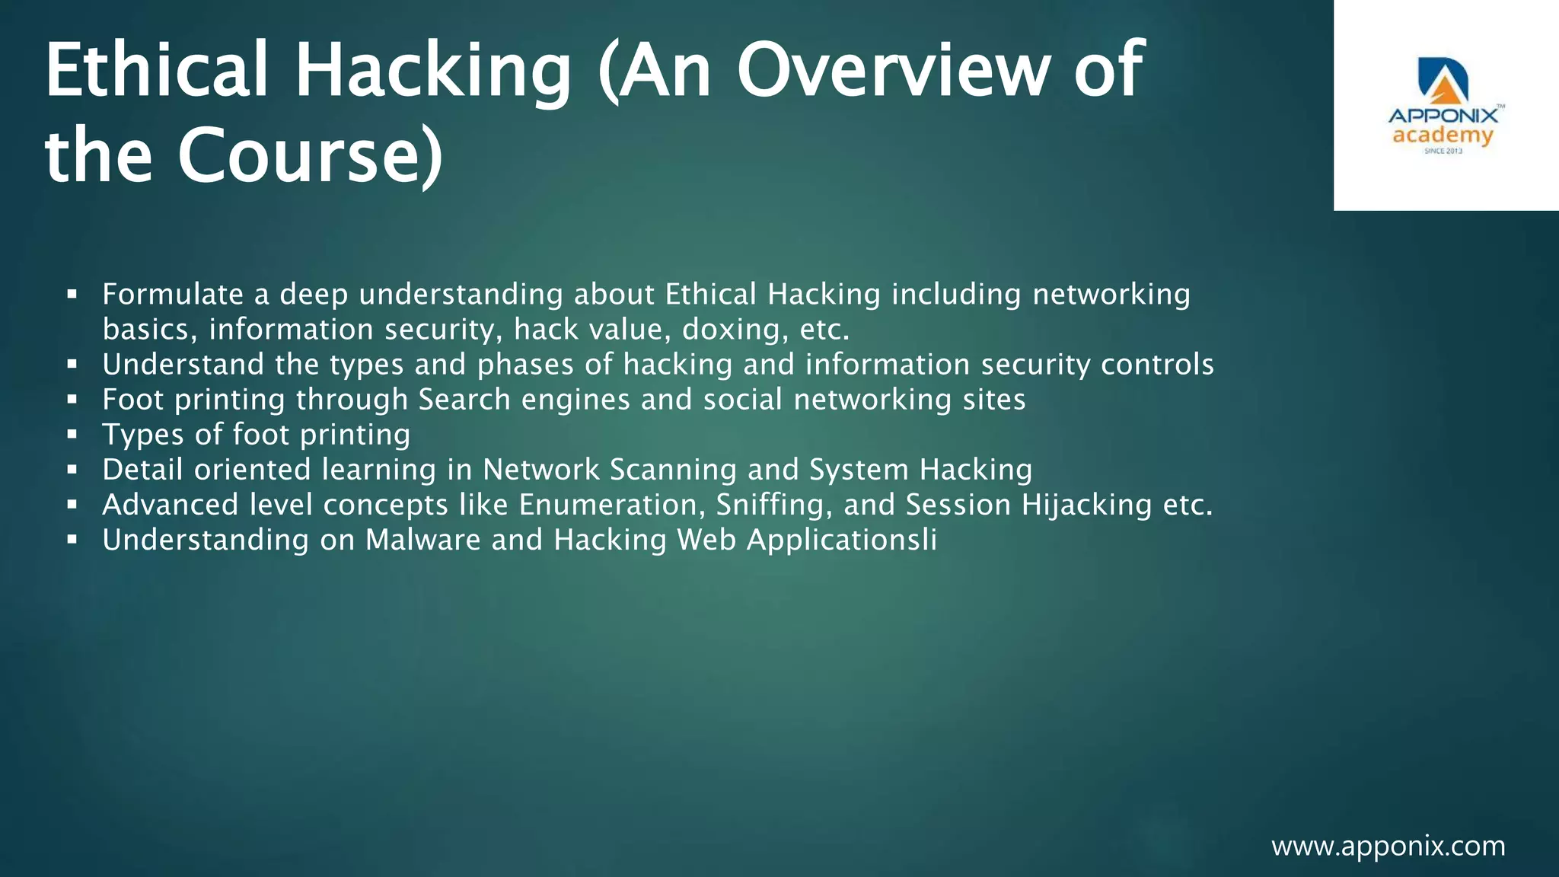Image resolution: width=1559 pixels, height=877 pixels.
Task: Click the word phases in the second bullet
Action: pos(525,365)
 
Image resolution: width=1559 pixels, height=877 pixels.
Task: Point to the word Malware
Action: pos(423,540)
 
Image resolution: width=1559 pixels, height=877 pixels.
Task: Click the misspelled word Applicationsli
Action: pos(842,540)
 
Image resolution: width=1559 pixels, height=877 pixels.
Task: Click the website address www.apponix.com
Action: pos(1388,846)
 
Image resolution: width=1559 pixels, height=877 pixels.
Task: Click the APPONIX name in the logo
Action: pos(1443,116)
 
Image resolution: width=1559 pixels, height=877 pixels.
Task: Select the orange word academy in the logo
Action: pos(1443,136)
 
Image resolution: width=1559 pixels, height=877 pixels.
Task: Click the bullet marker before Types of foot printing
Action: pos(72,435)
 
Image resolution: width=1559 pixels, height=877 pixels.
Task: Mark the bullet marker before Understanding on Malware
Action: pos(72,540)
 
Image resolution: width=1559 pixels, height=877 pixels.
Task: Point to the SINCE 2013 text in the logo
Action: pos(1443,151)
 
